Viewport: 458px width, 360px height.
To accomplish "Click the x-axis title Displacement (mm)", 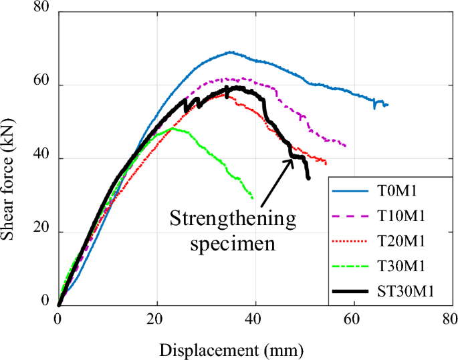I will click(x=231, y=349).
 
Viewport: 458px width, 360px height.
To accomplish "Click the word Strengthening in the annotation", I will click(x=231, y=219).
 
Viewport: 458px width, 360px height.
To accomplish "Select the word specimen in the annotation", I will click(x=231, y=243).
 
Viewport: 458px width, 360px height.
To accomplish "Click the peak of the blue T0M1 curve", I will click(x=231, y=51).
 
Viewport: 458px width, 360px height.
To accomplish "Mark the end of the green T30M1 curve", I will click(x=253, y=198).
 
